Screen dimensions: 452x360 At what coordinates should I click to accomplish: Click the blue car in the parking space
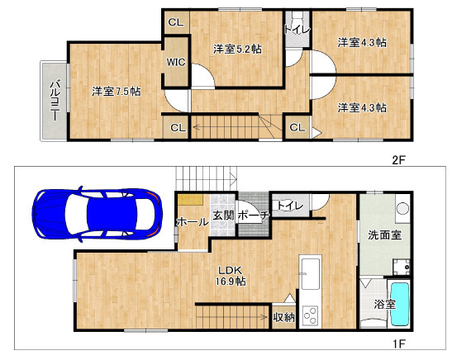(98, 214)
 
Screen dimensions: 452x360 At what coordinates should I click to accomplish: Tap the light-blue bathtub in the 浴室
(399, 304)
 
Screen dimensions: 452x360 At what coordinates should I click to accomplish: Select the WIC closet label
(176, 62)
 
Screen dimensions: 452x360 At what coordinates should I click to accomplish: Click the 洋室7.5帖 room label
(117, 92)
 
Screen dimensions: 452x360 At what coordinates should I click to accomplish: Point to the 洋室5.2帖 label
(237, 50)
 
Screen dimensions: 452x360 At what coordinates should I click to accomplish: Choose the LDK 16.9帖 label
(231, 276)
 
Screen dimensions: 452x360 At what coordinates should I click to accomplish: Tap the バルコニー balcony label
(55, 101)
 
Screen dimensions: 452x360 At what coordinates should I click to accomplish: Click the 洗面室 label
(384, 235)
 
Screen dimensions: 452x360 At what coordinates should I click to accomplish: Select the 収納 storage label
(284, 317)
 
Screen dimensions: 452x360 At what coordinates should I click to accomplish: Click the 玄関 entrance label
(223, 216)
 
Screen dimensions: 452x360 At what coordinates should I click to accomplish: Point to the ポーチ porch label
(254, 216)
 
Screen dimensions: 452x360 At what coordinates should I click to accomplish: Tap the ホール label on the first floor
(193, 222)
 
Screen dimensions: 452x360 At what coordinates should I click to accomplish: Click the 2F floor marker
(398, 160)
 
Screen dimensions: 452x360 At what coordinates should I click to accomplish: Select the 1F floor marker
(399, 343)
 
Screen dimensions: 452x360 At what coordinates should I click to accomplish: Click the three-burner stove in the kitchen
(310, 315)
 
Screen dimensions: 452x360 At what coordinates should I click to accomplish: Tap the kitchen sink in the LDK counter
(310, 273)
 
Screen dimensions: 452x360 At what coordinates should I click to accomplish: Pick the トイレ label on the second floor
(297, 30)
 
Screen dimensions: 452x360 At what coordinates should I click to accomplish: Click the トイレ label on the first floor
(290, 206)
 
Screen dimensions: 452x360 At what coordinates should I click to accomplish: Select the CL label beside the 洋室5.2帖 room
(176, 22)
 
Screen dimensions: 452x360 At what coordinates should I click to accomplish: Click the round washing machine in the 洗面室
(402, 208)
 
